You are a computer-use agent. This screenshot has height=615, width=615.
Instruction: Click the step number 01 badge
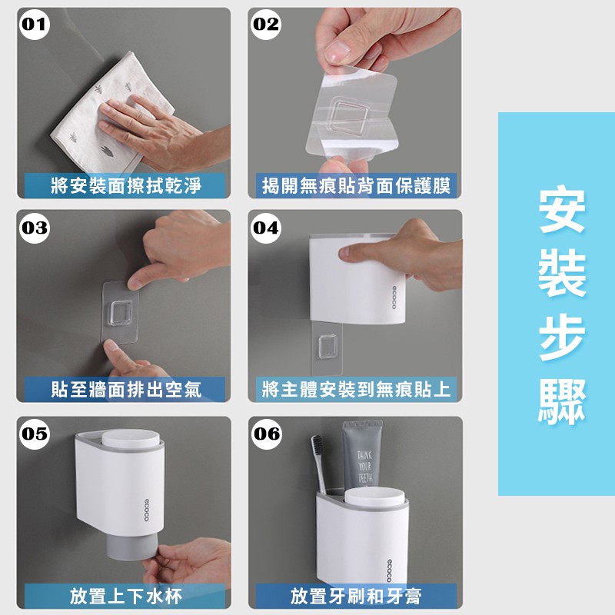tap(34, 25)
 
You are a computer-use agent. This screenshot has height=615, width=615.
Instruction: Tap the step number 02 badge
tap(265, 25)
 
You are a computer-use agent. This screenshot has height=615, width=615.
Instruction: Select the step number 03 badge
tap(34, 228)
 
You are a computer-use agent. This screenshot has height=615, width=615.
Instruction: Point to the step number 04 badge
tap(265, 228)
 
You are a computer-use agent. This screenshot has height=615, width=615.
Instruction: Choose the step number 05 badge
tap(34, 434)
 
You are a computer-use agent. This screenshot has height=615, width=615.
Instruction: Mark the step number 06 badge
tap(266, 434)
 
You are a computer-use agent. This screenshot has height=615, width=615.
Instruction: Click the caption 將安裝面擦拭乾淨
tap(126, 185)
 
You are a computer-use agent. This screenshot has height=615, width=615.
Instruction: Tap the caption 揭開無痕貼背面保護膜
tap(356, 185)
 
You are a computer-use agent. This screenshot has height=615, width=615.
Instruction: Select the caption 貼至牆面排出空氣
tap(126, 390)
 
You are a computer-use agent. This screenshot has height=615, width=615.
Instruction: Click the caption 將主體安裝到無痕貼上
tap(356, 390)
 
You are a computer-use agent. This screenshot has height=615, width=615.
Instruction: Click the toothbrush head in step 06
tap(317, 447)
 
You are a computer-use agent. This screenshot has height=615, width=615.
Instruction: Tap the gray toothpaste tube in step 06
tap(362, 455)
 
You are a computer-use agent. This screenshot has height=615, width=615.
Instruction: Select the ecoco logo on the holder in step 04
tap(394, 298)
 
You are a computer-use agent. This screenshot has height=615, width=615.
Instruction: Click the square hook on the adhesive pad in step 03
tap(121, 313)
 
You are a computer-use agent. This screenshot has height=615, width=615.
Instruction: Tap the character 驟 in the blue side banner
tap(561, 400)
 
